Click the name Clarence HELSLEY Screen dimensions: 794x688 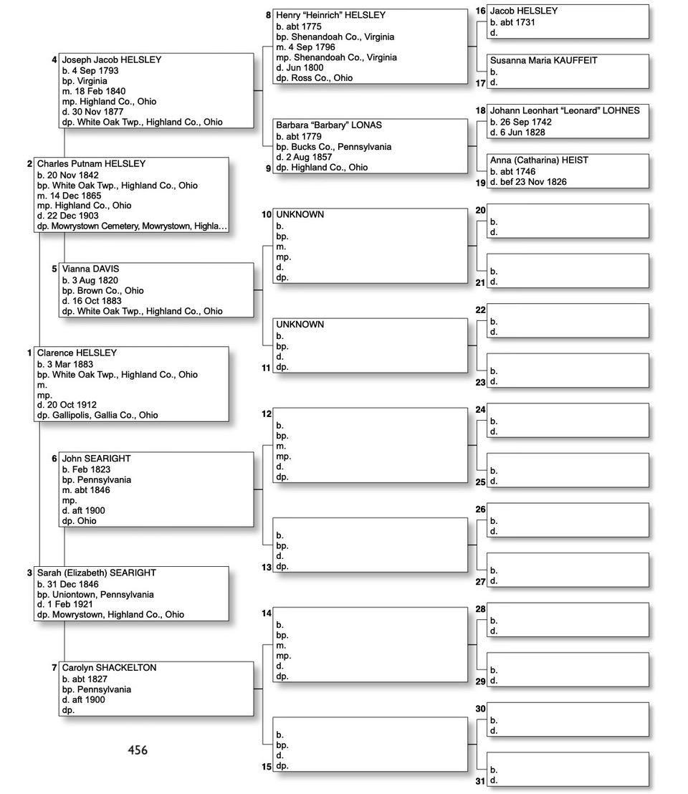77,353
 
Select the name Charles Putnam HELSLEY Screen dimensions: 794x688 91,164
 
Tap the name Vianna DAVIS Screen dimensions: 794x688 90,269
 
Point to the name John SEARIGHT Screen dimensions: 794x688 96,459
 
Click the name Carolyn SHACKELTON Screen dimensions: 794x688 109,668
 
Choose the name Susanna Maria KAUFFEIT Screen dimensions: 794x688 543,61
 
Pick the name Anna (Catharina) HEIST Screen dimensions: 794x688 539,161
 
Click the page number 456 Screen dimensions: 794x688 138,750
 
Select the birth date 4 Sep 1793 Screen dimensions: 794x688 95,71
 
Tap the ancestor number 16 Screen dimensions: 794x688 480,11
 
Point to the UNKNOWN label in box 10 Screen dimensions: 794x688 300,215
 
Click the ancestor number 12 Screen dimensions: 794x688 267,413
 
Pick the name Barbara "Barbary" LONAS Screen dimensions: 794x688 329,125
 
